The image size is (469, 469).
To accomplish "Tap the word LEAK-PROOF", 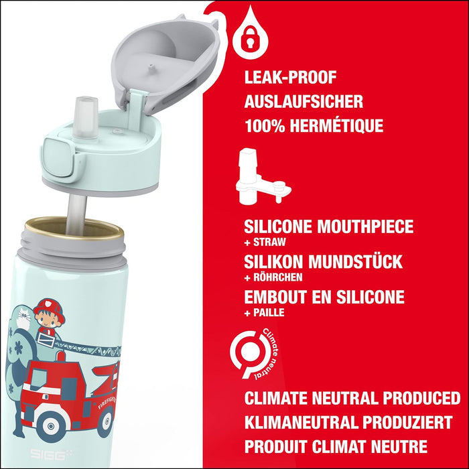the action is pos(290,78).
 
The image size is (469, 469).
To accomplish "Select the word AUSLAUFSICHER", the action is pos(304,102).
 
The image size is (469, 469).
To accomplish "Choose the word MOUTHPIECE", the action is pos(365,226).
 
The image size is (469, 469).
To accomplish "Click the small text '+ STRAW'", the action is pos(265,242).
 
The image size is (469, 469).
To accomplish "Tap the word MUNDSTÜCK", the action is pos(355,262).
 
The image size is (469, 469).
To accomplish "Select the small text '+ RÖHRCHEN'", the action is pos(273,277).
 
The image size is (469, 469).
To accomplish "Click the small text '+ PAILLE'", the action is pos(264,313).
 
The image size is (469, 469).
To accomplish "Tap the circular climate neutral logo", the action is pos(254,354).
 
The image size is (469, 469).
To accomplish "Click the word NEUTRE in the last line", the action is pos(399,446).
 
